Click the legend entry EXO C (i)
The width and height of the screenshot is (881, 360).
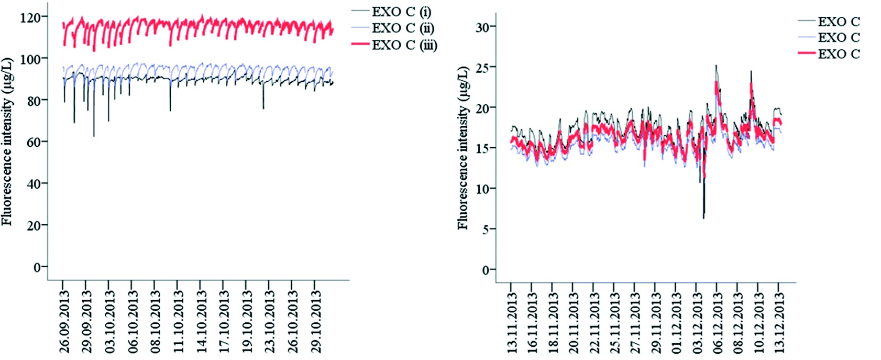click(401, 12)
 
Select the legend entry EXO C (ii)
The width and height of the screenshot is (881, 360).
click(402, 28)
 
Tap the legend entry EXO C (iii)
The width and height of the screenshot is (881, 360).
click(404, 45)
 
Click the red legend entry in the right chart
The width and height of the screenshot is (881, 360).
click(838, 53)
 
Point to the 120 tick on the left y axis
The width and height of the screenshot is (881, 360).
click(30, 18)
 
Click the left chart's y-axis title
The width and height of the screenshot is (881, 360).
click(7, 141)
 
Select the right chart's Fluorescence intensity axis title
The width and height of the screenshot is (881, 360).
click(463, 148)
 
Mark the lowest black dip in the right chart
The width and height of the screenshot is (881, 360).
click(703, 217)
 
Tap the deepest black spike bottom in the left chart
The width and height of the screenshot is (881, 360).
click(94, 136)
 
